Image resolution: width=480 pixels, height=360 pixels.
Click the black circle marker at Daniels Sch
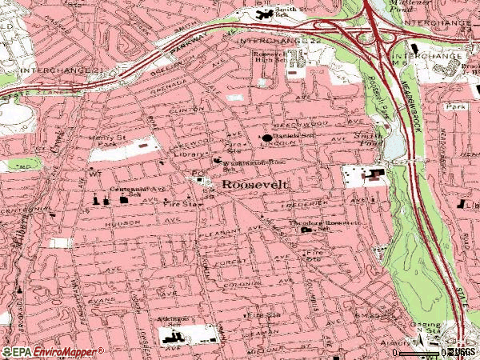pyautogui.click(x=266, y=138)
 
